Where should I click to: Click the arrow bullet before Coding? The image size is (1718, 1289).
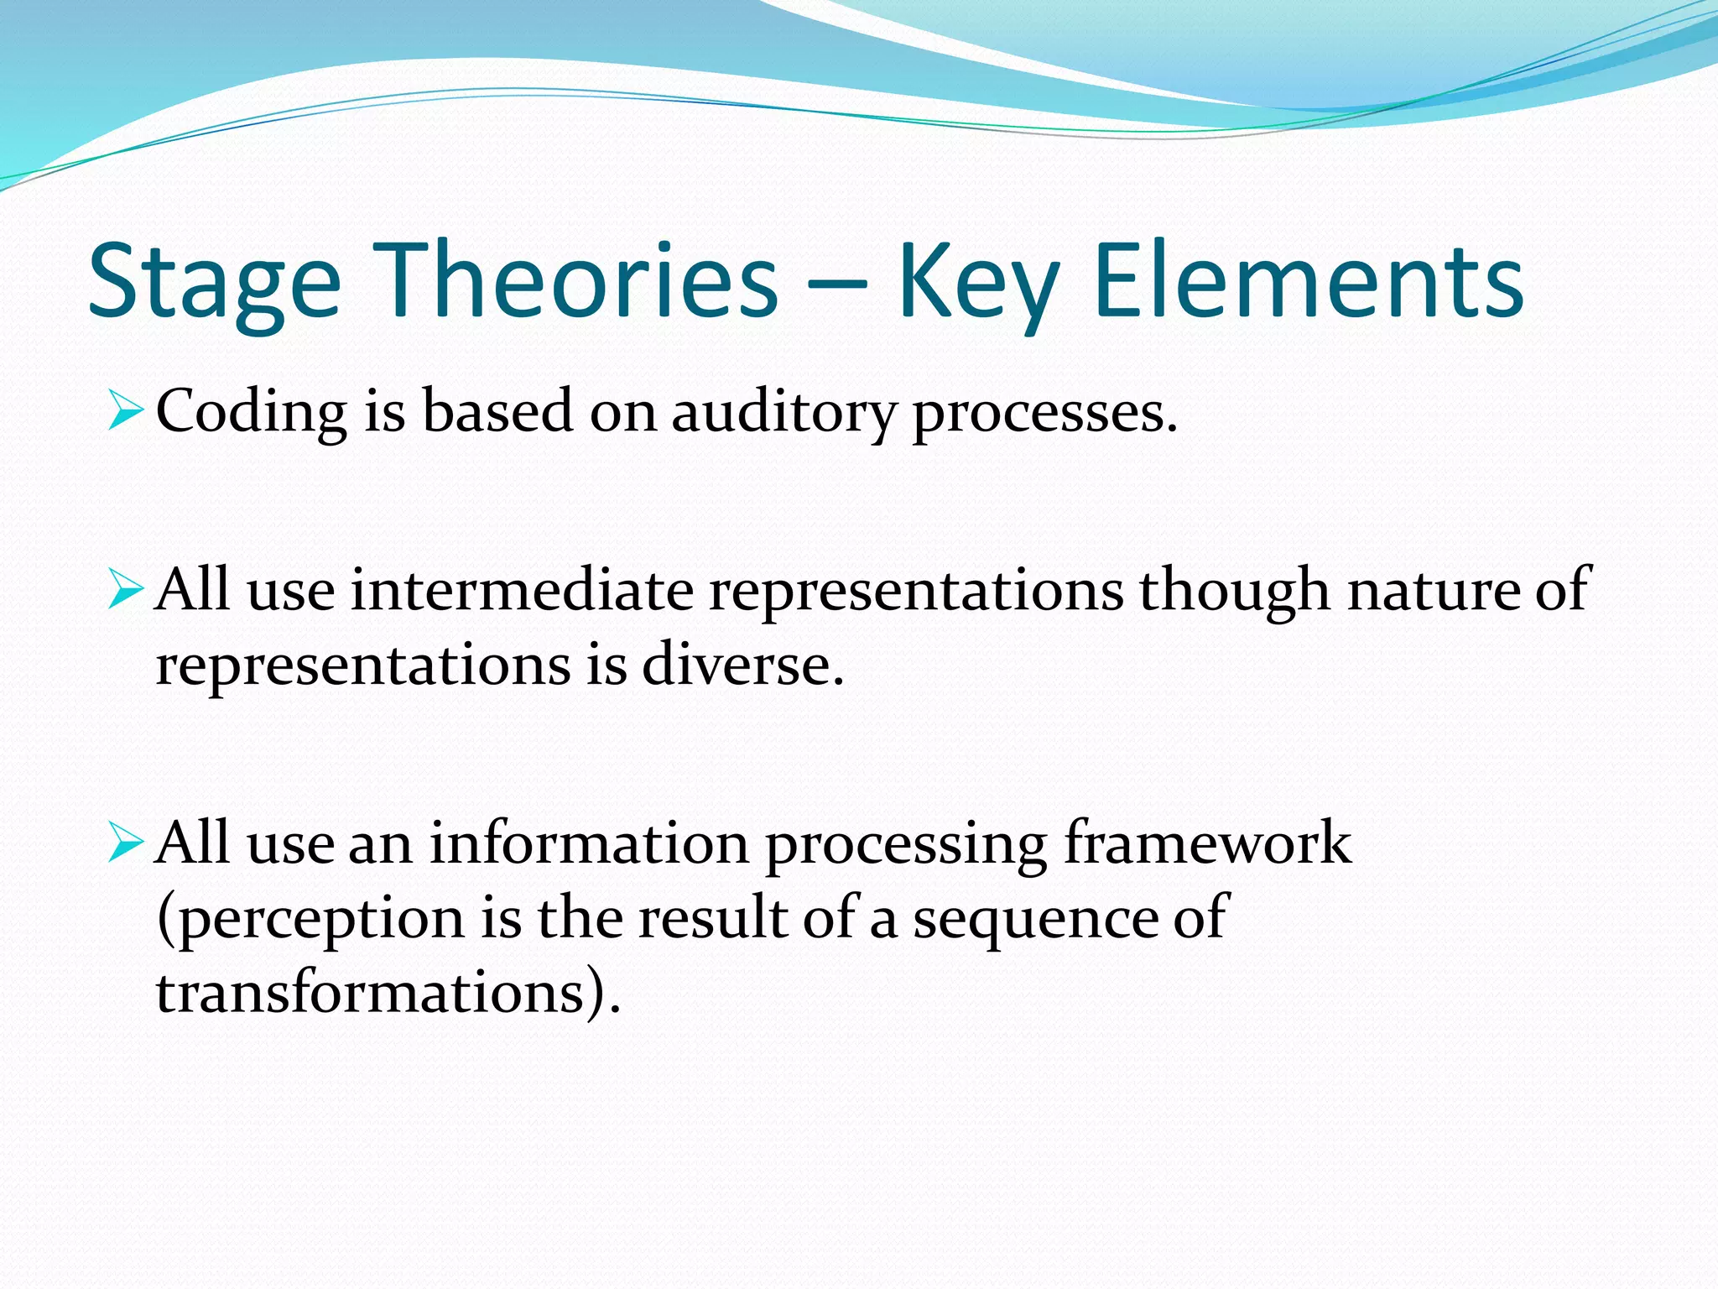coord(125,414)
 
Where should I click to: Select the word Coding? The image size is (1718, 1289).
coord(251,414)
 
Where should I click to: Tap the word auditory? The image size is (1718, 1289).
coord(784,414)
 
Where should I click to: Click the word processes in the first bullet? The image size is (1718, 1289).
coord(1044,414)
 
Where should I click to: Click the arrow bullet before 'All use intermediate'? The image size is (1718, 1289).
coord(125,592)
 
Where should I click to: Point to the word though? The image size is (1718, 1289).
coord(1234,592)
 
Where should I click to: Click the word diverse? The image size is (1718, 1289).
coord(742,665)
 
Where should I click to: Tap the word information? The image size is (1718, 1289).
coord(589,843)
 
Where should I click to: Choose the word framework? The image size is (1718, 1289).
coord(1207,843)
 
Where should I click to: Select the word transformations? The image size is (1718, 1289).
coord(370,993)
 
